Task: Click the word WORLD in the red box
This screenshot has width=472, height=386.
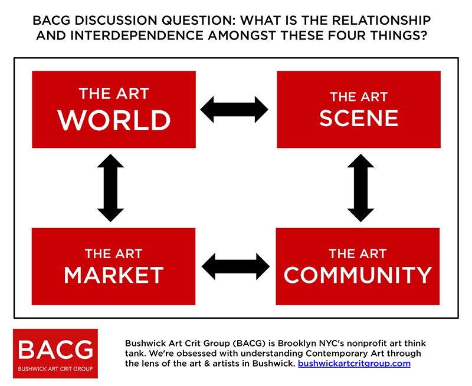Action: (114, 120)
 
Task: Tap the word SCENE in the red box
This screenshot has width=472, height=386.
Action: (359, 118)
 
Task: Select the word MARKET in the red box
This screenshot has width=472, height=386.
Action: (114, 275)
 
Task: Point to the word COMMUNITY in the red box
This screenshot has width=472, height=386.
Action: (358, 275)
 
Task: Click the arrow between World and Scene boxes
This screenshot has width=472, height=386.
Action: (234, 110)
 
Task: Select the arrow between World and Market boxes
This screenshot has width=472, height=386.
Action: (110, 188)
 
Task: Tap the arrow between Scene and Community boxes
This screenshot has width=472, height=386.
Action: (360, 188)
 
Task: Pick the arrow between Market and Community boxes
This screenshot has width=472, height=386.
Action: (235, 266)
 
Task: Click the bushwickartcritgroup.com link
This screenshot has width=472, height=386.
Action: (355, 364)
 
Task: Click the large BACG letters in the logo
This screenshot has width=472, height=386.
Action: (55, 349)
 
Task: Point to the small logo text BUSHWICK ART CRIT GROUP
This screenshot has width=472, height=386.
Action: (55, 369)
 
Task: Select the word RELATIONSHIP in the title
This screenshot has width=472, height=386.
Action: (382, 21)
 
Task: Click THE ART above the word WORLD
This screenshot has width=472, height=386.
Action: (114, 94)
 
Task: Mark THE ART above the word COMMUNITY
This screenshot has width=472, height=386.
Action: (358, 254)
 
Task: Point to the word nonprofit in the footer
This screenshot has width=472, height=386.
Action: (365, 344)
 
